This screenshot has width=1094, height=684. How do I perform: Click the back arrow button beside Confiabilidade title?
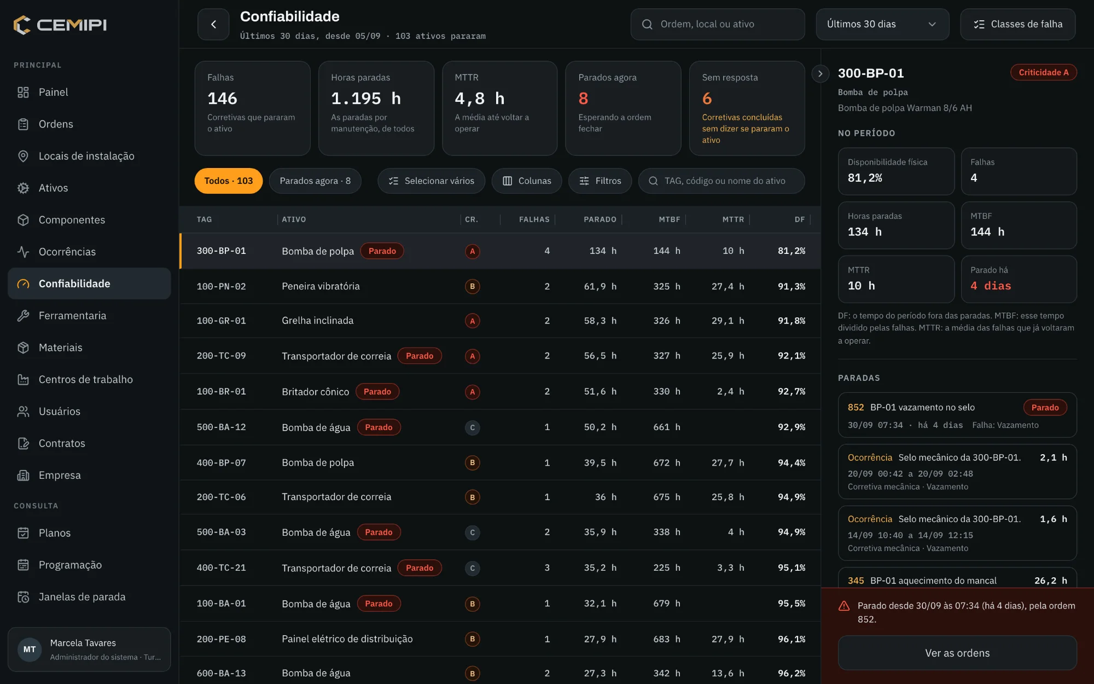click(x=213, y=24)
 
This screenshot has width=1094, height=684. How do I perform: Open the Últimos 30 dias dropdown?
click(x=882, y=24)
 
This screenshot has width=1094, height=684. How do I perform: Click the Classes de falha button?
click(x=1018, y=24)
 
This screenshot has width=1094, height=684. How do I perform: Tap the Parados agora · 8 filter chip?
click(x=315, y=181)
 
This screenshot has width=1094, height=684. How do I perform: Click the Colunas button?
click(x=527, y=181)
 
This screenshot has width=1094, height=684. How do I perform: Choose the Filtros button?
click(x=600, y=181)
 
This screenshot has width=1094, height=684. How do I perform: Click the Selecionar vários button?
click(x=431, y=181)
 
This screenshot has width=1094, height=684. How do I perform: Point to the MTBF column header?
click(x=670, y=219)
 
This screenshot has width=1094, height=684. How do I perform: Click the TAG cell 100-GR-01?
click(x=222, y=321)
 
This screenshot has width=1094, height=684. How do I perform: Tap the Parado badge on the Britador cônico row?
click(x=377, y=392)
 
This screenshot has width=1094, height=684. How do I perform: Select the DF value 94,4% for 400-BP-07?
click(x=792, y=463)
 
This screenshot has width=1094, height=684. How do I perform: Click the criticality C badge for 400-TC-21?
click(x=473, y=568)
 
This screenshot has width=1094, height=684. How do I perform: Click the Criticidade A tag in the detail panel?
click(x=1043, y=72)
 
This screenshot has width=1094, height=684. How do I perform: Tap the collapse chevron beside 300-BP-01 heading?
click(x=820, y=73)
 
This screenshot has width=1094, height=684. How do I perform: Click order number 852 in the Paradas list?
click(x=856, y=407)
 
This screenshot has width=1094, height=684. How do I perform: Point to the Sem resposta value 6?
click(x=707, y=98)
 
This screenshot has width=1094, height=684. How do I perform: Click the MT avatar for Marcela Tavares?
click(x=30, y=650)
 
